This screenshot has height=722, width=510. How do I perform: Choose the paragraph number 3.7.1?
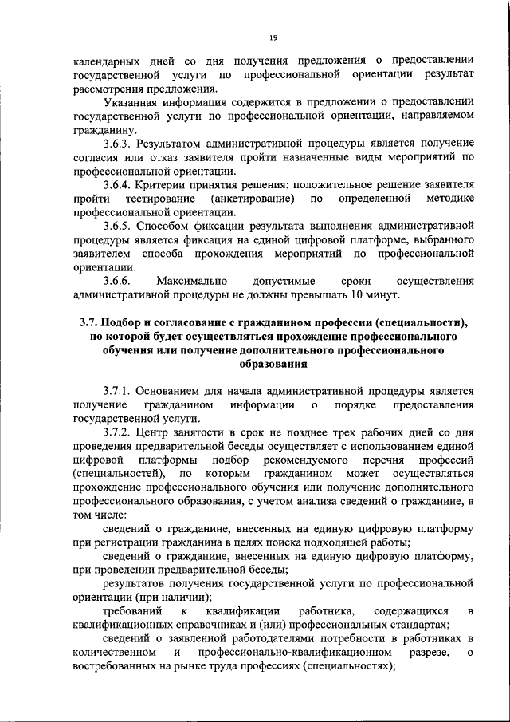[119, 391]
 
